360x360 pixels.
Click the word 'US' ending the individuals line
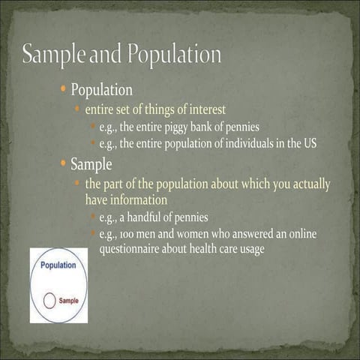319,144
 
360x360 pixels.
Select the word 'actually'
307,183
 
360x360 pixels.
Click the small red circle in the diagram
49,301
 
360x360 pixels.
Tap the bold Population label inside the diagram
58,265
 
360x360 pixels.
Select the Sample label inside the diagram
69,301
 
